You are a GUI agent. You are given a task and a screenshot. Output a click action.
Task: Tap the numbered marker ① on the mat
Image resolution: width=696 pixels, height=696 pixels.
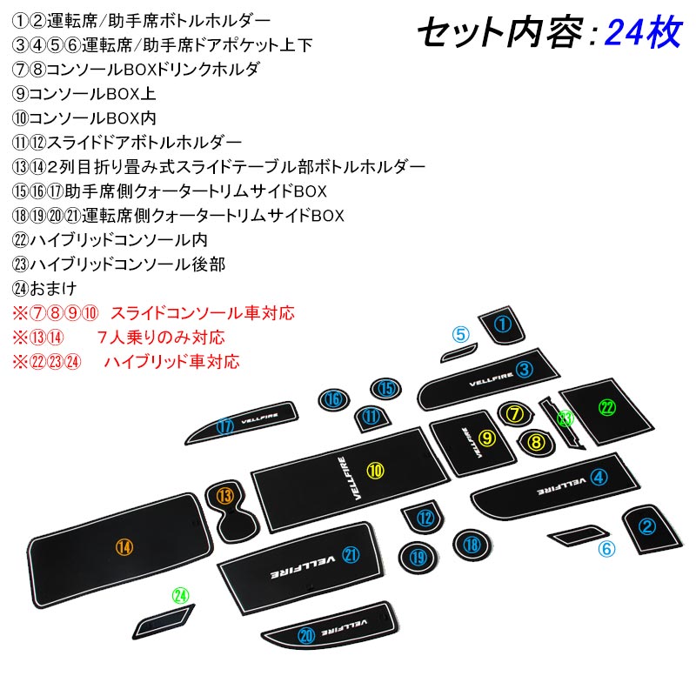pos(502,325)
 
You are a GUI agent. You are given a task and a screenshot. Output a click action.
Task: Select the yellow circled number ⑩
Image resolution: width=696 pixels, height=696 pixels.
pos(375,471)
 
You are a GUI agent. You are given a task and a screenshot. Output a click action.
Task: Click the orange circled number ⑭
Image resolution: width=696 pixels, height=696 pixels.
pos(125,547)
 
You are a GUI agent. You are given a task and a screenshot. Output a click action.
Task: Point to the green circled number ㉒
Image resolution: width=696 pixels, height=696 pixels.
pos(607,406)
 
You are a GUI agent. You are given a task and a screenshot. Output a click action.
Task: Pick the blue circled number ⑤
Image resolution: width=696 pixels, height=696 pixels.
pos(460,334)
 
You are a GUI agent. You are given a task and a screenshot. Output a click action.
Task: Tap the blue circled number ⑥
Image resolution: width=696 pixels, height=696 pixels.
pos(606,549)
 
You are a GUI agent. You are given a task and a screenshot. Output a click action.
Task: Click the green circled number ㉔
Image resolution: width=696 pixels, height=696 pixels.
pos(180,596)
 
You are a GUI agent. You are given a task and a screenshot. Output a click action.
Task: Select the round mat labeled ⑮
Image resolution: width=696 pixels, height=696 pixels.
pos(387,389)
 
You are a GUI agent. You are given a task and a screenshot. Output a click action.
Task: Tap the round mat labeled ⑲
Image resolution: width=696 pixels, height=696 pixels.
pos(418,557)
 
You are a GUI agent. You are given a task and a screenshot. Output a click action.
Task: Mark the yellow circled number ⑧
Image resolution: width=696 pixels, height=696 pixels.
pos(536,443)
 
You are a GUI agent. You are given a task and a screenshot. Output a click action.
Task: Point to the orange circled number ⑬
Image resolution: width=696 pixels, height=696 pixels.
pos(225,497)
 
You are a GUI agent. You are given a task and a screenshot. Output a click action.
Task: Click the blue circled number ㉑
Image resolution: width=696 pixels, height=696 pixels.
pos(351,555)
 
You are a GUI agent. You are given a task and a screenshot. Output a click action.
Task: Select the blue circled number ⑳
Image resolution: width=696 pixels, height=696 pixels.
pos(305,636)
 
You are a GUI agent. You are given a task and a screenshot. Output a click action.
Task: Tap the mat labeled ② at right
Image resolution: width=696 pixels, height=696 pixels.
pos(646,525)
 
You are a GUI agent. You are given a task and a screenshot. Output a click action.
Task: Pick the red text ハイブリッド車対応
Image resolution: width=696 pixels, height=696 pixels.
pos(171,361)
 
